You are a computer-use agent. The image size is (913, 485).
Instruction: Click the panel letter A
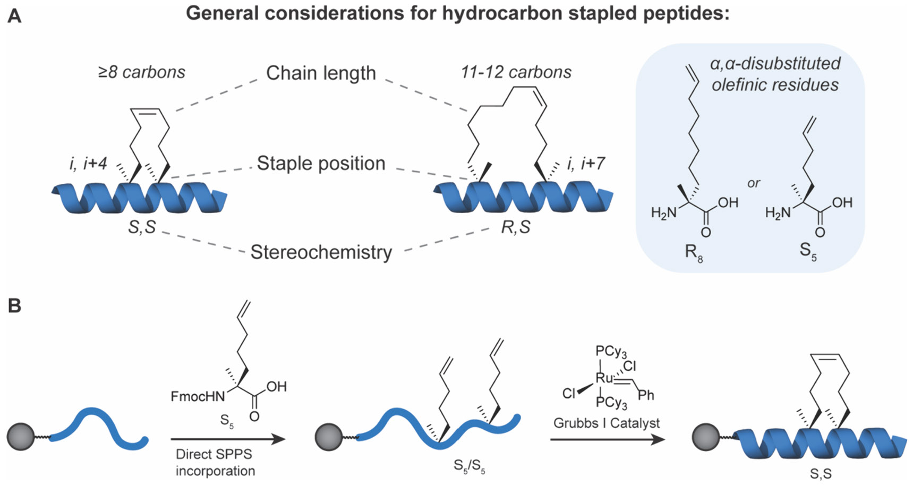15,16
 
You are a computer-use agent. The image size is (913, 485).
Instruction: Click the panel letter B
14,306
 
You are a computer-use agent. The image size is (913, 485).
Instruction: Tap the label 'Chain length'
321,73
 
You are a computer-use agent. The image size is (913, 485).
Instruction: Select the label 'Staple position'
321,164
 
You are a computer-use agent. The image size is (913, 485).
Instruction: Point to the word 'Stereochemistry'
321,252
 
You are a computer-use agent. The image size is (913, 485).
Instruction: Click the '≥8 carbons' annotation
142,72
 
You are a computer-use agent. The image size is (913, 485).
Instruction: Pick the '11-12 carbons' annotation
516,72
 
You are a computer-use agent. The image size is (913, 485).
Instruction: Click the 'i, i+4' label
88,164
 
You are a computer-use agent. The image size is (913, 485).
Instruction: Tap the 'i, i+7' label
585,164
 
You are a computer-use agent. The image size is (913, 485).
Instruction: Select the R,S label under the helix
516,227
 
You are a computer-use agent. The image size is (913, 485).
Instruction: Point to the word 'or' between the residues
753,183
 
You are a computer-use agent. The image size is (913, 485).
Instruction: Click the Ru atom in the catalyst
604,378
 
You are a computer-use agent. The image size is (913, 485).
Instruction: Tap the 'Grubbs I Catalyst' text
606,423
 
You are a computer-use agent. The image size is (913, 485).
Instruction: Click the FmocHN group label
198,396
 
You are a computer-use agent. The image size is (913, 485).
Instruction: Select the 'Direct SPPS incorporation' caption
215,462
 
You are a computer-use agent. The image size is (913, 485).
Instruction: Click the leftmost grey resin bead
20,437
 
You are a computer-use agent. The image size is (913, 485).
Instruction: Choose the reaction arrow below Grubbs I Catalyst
607,439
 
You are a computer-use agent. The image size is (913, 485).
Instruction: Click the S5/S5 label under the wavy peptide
469,466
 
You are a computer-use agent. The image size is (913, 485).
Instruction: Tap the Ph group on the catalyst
646,395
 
